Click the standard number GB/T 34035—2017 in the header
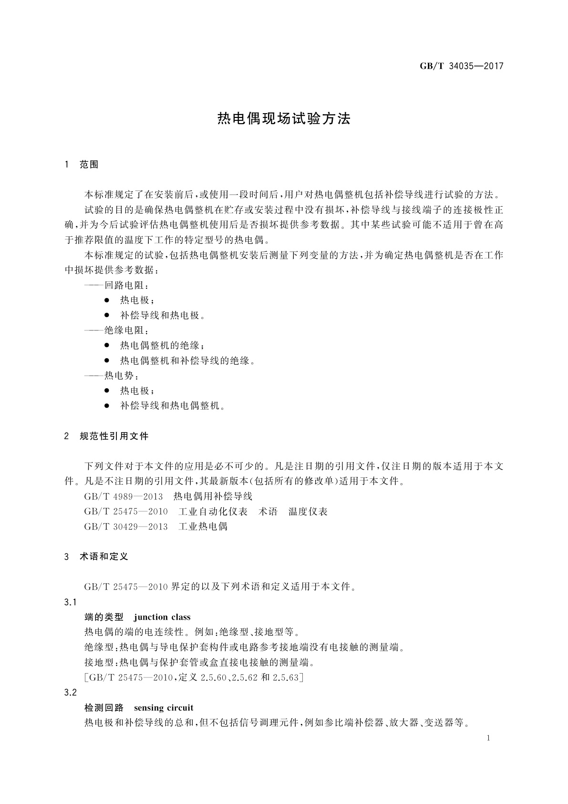(x=461, y=66)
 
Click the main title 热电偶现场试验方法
(x=284, y=119)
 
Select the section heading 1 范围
(x=82, y=165)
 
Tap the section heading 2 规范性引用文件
(x=107, y=436)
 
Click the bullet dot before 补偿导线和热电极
(x=107, y=315)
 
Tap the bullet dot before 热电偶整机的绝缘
(x=107, y=345)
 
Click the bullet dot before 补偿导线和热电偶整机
(x=107, y=406)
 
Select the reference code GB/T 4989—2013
(x=124, y=497)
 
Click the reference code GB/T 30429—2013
(x=126, y=527)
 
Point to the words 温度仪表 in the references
(x=308, y=512)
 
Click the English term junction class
(x=162, y=617)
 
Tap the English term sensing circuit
(x=164, y=708)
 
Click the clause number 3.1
(x=71, y=602)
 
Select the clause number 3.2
(x=71, y=692)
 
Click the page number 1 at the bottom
(x=488, y=738)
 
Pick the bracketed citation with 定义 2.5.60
(x=194, y=677)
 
